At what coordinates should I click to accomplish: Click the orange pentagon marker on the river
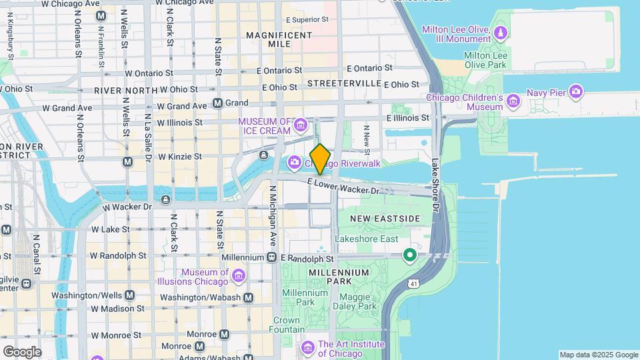(321, 159)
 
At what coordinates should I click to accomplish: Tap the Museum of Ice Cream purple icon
(301, 125)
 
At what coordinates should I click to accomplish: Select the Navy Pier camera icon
(576, 92)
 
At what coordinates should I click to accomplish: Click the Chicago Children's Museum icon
(513, 101)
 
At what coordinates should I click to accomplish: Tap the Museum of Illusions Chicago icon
(239, 277)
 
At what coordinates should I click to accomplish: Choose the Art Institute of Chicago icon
(307, 348)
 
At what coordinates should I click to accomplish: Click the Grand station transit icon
(217, 103)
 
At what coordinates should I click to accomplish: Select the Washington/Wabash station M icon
(248, 297)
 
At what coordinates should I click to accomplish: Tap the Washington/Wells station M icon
(129, 295)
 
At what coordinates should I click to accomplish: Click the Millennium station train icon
(272, 257)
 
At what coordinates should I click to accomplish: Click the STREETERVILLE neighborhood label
(345, 84)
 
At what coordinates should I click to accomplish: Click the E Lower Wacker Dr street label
(343, 187)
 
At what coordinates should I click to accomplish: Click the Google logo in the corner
(22, 351)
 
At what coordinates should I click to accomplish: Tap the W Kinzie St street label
(179, 157)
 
